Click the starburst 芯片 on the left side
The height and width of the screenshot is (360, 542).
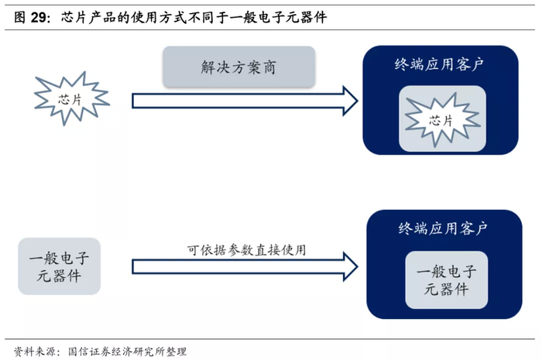[70, 98]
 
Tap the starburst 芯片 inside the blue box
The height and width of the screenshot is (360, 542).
[442, 120]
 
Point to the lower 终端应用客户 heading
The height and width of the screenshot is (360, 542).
[443, 228]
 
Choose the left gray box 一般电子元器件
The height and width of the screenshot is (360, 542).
[59, 266]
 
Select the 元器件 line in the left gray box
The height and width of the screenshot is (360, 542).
[59, 276]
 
